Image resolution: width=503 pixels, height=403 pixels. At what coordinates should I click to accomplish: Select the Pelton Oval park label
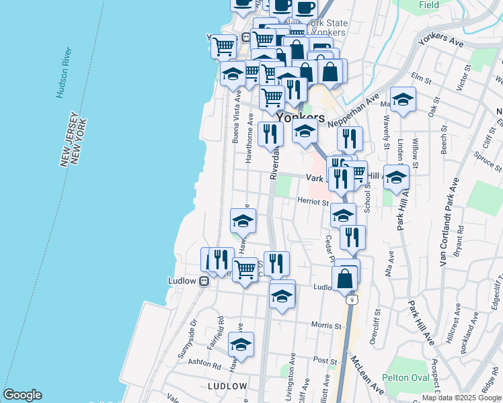(x=406, y=378)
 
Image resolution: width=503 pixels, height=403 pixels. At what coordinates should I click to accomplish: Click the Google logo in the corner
(x=22, y=395)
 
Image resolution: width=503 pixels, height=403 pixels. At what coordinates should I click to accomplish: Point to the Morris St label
(x=327, y=325)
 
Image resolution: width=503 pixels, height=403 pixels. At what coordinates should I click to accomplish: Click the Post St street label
(x=325, y=361)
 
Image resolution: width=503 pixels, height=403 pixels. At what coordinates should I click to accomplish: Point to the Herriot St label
(x=312, y=201)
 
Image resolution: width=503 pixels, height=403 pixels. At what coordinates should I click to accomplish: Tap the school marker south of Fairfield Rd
(x=241, y=345)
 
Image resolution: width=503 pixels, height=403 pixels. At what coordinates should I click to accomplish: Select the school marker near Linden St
(x=403, y=100)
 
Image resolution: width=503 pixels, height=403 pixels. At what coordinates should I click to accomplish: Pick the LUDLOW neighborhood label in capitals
(x=227, y=386)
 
